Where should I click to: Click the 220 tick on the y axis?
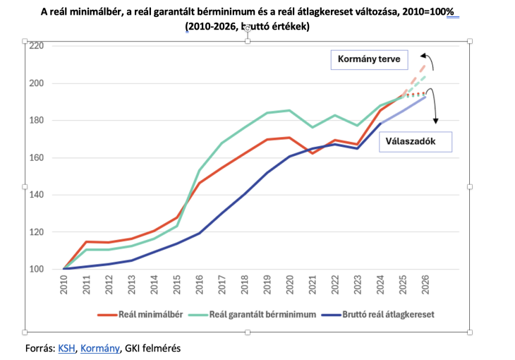(36, 46)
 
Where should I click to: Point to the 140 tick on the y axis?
(36, 195)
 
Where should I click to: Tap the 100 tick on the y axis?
(36, 269)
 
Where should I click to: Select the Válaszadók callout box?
(408, 140)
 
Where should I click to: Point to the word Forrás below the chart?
(40, 348)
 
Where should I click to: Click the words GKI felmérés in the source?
(152, 348)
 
